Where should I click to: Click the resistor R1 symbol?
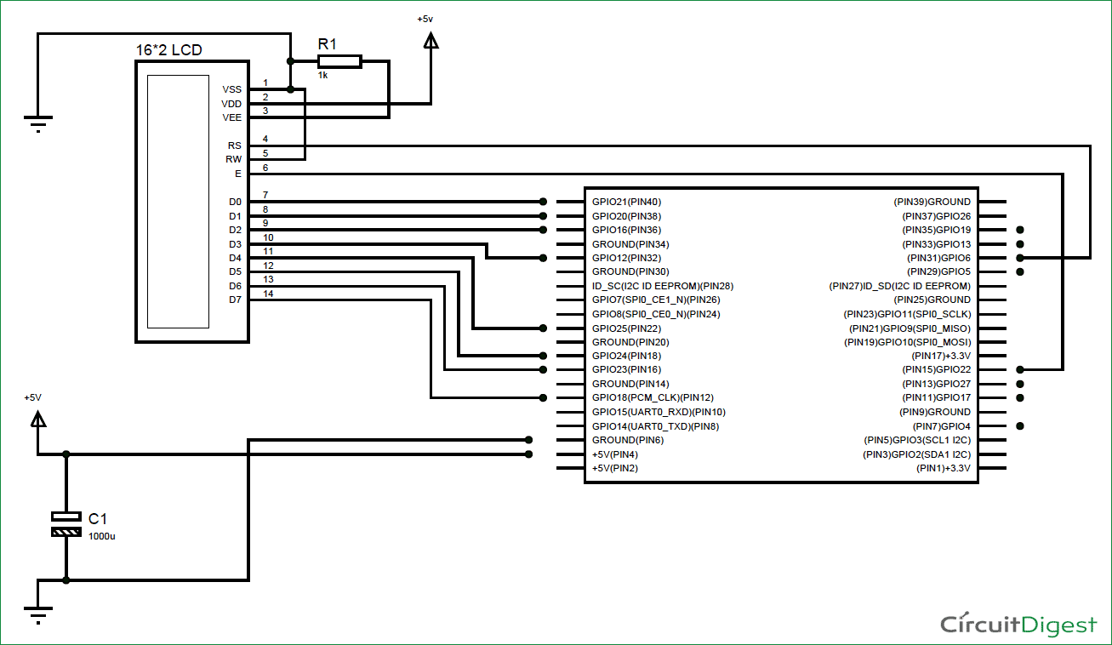339,60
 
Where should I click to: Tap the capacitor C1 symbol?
66,524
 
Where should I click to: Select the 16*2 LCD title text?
168,50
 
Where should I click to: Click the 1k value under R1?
323,76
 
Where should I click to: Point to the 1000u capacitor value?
101,536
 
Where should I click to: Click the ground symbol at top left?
38,124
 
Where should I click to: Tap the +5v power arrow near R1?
431,39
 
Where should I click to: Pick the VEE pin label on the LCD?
231,117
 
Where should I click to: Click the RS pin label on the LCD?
234,146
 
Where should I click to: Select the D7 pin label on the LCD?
235,300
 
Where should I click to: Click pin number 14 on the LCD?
268,294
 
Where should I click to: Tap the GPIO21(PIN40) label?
626,202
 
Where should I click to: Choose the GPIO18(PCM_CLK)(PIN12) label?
653,397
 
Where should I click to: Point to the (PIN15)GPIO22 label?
936,370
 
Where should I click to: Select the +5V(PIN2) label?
615,468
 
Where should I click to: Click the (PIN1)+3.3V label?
943,468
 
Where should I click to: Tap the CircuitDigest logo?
1018,625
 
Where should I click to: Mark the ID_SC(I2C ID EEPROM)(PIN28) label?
662,286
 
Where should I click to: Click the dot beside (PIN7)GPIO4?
1020,425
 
